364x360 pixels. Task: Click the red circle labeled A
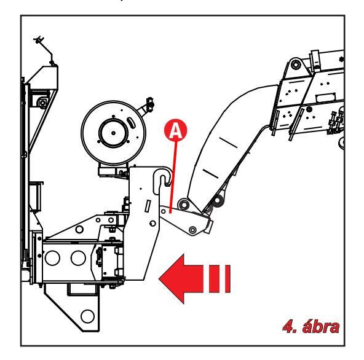coord(175,130)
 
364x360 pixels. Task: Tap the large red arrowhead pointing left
coord(181,278)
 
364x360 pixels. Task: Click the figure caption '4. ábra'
coord(311,327)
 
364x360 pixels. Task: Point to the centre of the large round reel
coord(113,133)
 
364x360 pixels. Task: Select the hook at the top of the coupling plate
coord(162,178)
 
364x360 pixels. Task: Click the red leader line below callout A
coord(173,176)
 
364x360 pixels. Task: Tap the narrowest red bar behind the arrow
coord(228,278)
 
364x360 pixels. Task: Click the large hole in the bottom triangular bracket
coord(87,316)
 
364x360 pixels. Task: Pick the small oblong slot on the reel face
coord(131,122)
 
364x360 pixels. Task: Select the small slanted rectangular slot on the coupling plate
coord(148,206)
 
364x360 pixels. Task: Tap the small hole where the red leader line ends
coord(164,211)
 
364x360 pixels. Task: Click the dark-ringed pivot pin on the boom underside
coord(218,200)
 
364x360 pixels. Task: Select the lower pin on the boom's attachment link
coord(192,230)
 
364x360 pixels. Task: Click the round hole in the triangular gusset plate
coord(79,229)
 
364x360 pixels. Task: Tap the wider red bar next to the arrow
coord(214,278)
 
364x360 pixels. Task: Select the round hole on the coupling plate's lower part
coord(152,224)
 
